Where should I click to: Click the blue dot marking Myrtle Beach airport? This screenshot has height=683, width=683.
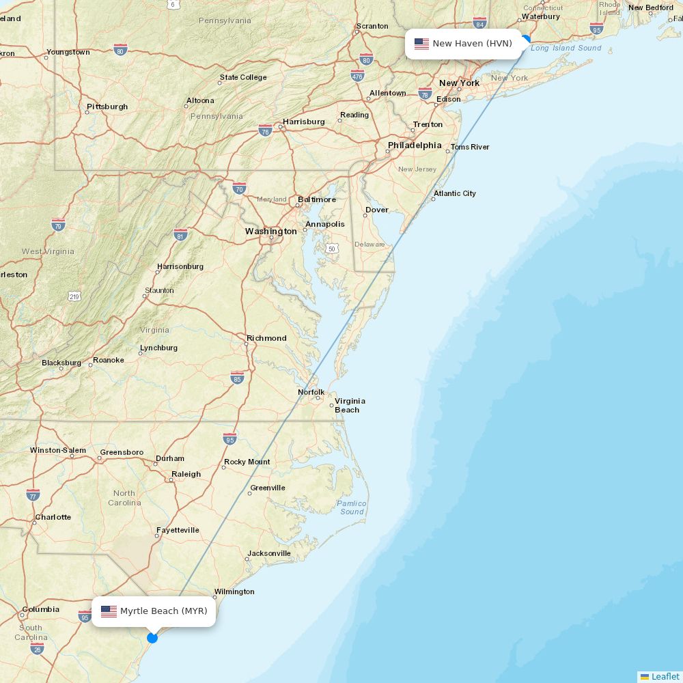(152, 637)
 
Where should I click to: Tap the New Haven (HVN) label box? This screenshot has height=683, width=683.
(464, 44)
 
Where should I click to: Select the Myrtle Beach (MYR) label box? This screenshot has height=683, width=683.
(154, 611)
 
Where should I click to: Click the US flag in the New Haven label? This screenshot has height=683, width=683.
(421, 44)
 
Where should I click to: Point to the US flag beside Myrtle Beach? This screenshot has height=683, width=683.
(109, 611)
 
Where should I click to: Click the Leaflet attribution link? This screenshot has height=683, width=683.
(665, 676)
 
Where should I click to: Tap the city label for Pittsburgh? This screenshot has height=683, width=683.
(107, 107)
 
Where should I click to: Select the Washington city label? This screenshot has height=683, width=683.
(271, 232)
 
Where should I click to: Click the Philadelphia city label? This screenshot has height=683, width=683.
(415, 145)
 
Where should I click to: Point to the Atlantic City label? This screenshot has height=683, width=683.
(455, 193)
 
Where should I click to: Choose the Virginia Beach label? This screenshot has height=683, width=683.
(349, 405)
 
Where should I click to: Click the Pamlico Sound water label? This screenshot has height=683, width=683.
(352, 507)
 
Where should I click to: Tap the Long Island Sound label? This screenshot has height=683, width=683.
(566, 48)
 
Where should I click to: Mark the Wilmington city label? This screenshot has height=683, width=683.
(234, 591)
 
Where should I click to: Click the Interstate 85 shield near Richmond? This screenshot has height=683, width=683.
(237, 378)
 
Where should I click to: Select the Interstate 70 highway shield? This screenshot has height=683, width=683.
(239, 188)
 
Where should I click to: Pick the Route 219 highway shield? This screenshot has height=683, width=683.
(74, 296)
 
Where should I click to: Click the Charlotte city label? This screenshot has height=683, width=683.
(53, 517)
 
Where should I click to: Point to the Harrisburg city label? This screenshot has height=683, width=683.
(304, 122)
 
